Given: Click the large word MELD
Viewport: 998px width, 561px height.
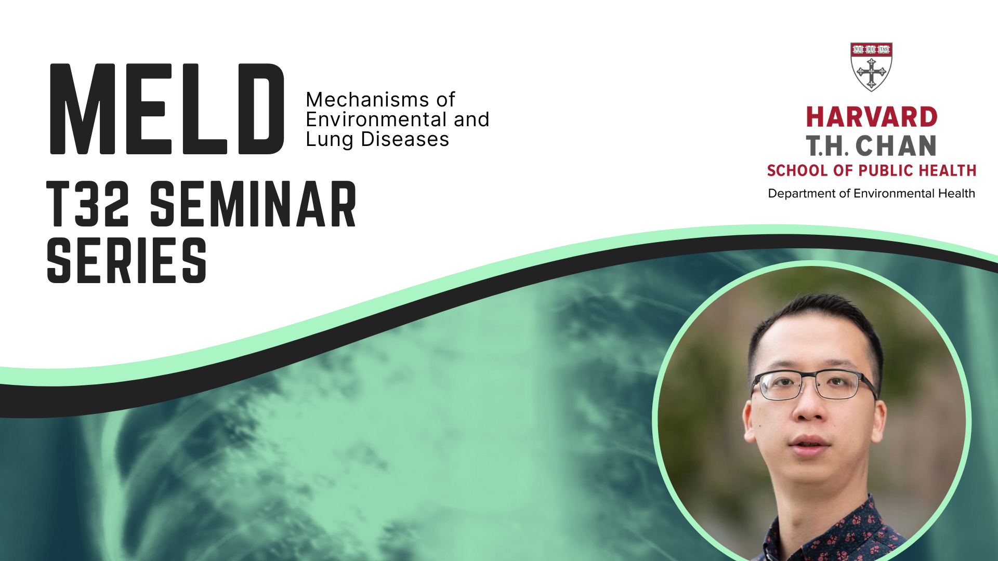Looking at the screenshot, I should (x=166, y=109).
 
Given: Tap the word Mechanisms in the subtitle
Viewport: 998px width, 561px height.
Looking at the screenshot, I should (x=360, y=100).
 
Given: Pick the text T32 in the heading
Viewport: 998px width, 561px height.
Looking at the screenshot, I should (x=87, y=205).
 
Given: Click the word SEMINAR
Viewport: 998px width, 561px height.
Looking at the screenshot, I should (x=253, y=205).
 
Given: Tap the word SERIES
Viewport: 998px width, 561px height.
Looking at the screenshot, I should (x=127, y=261).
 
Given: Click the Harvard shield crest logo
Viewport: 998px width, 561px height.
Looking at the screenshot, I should (x=871, y=66).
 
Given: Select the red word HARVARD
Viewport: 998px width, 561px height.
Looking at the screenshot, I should (x=871, y=117).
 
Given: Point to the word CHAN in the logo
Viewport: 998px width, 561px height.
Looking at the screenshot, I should (x=896, y=146).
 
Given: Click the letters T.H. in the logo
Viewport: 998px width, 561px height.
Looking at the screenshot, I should (x=827, y=146).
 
